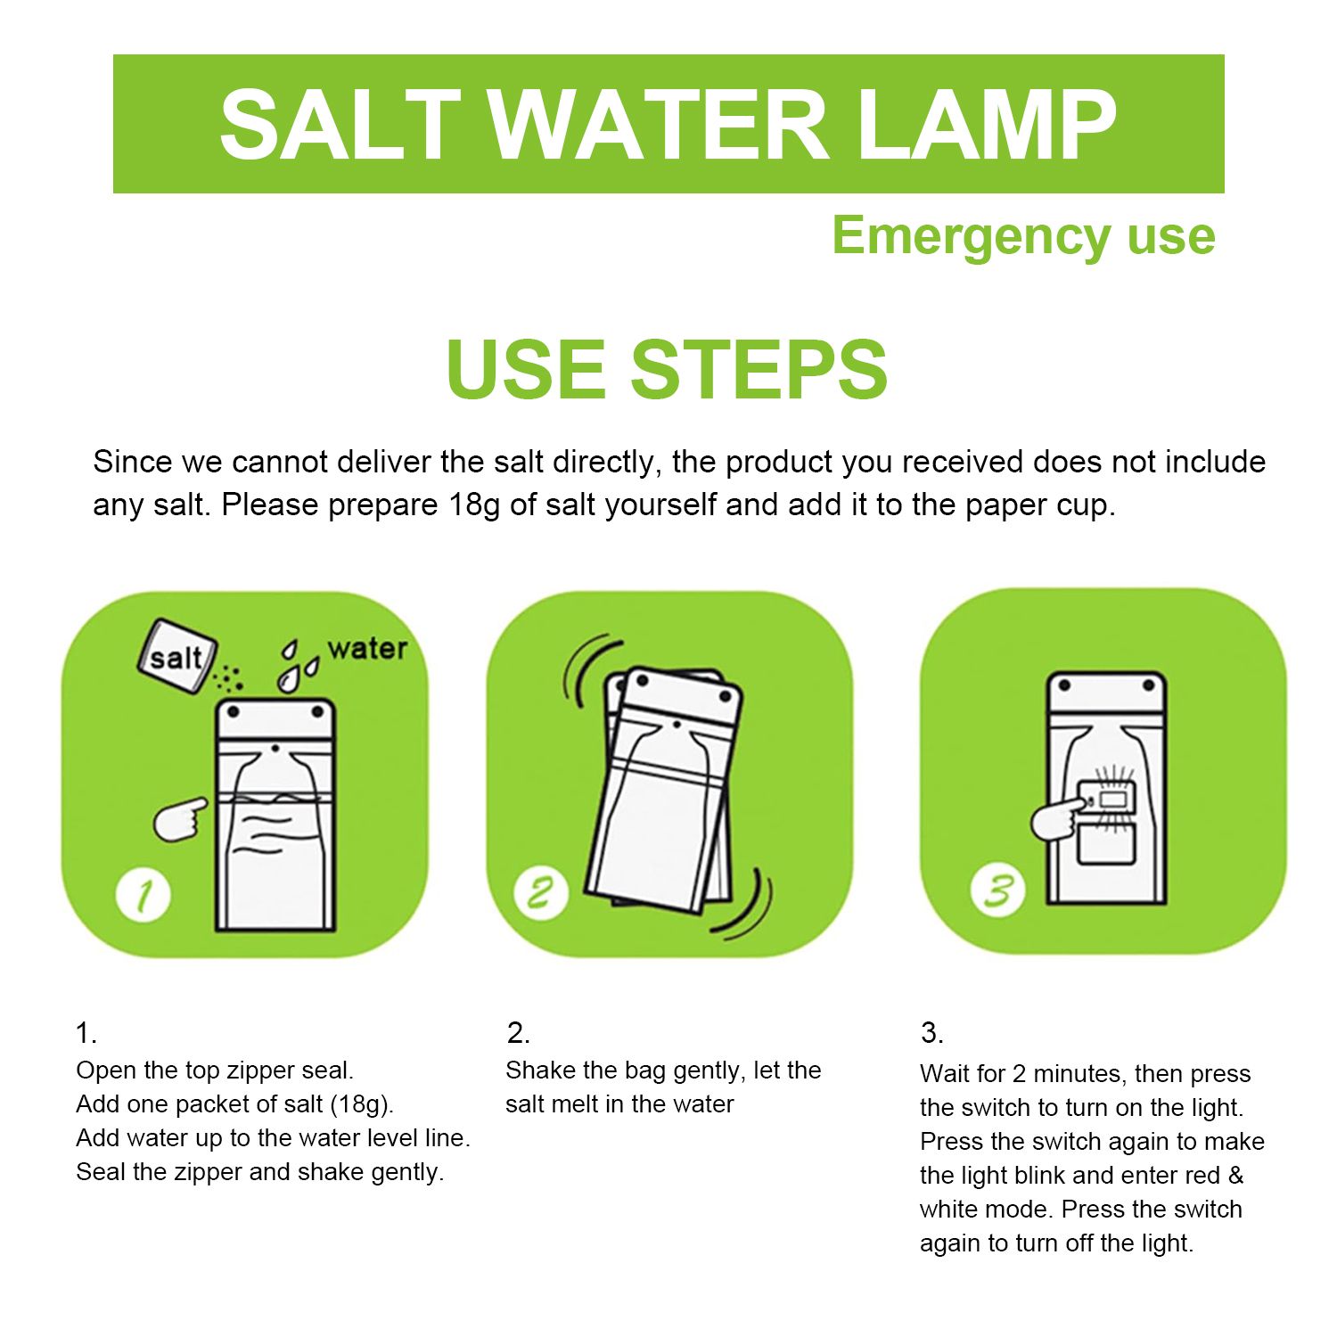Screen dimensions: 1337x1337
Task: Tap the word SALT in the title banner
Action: coord(340,126)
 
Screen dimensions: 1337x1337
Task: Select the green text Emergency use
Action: coord(1023,236)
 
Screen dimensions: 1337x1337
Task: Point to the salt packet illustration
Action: coord(176,657)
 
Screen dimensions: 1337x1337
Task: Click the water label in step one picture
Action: coord(367,648)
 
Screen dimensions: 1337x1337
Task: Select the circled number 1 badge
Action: coord(144,895)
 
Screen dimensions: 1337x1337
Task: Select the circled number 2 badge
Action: coord(541,892)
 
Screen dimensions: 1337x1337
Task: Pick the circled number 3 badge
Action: coord(997,890)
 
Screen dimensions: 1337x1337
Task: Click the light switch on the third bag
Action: coord(1107,799)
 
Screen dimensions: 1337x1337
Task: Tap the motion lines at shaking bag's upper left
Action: coord(584,668)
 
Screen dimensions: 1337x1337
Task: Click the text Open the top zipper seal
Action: coord(215,1070)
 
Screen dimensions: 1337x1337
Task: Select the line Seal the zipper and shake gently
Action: coord(259,1171)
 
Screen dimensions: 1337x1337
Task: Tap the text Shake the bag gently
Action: coord(624,1070)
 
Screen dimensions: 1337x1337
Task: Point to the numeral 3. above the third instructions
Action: coord(931,1032)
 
